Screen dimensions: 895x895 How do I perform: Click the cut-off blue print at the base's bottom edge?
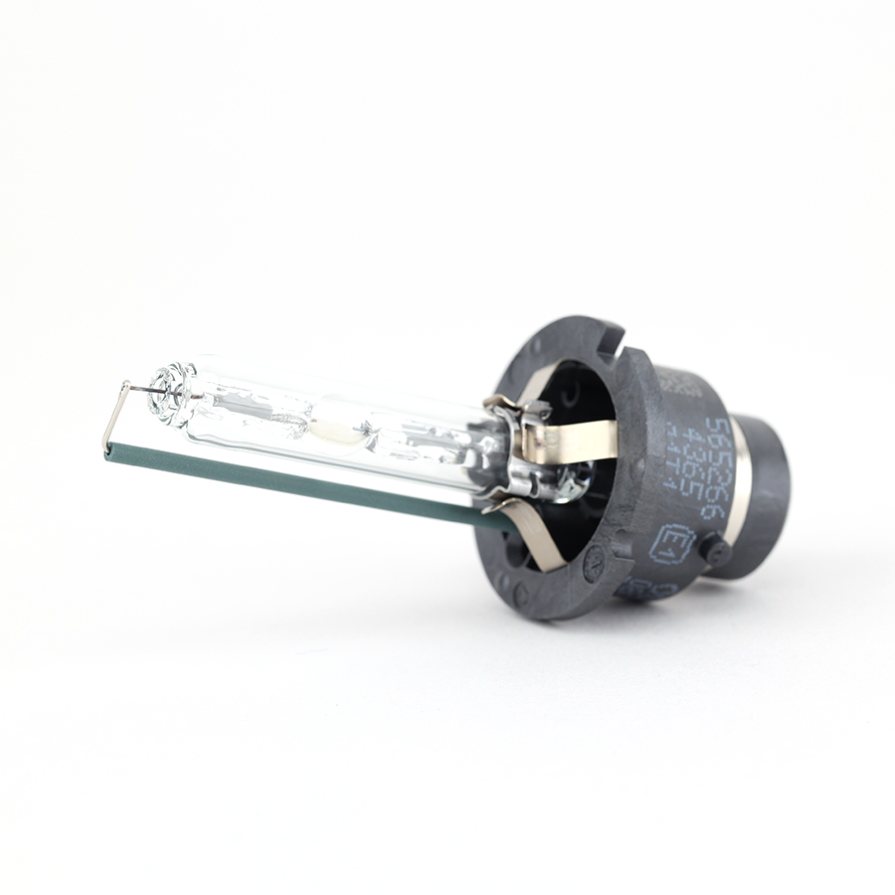637,589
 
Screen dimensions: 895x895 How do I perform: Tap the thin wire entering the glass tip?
139,393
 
